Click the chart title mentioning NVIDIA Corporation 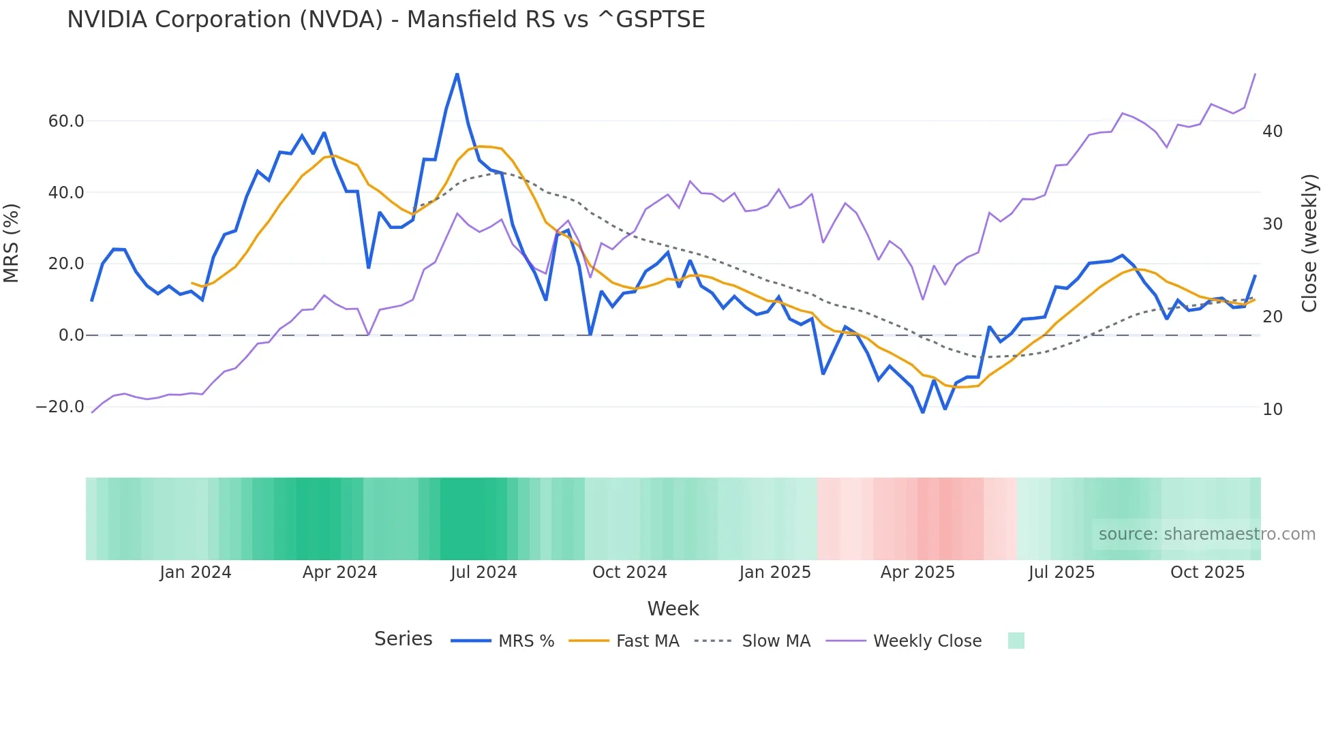(386, 20)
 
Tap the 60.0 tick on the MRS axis (66, 121)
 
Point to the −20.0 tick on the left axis (60, 407)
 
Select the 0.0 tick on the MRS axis (71, 335)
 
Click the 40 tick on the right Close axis (1273, 131)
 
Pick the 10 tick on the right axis (1273, 409)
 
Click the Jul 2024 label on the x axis (483, 572)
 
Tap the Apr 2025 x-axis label (917, 572)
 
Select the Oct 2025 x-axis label (1207, 572)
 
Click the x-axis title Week (673, 609)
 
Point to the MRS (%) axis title (12, 243)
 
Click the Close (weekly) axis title (1309, 243)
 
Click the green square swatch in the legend (1016, 641)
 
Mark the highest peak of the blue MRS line (457, 74)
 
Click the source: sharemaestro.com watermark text (1206, 534)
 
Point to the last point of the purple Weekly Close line (1255, 74)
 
